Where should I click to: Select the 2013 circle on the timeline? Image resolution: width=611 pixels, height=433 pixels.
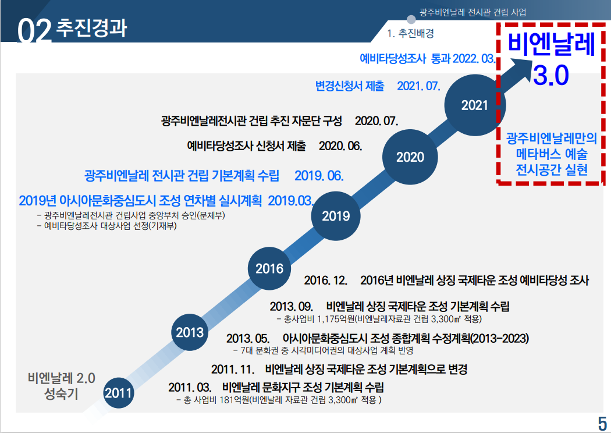[190, 332]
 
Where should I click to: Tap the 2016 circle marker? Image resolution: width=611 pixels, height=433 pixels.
[269, 268]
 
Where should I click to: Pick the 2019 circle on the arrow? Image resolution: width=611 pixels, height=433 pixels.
[336, 216]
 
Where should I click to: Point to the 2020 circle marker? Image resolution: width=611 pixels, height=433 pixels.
[410, 157]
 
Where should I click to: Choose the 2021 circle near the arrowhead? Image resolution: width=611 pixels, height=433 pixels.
[474, 105]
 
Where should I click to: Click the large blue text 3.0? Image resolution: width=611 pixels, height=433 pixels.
[549, 75]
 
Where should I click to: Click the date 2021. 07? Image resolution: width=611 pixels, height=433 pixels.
[418, 86]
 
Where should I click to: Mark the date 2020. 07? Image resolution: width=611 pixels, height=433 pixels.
[376, 121]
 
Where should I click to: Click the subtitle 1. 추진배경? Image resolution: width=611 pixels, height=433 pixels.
[411, 33]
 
